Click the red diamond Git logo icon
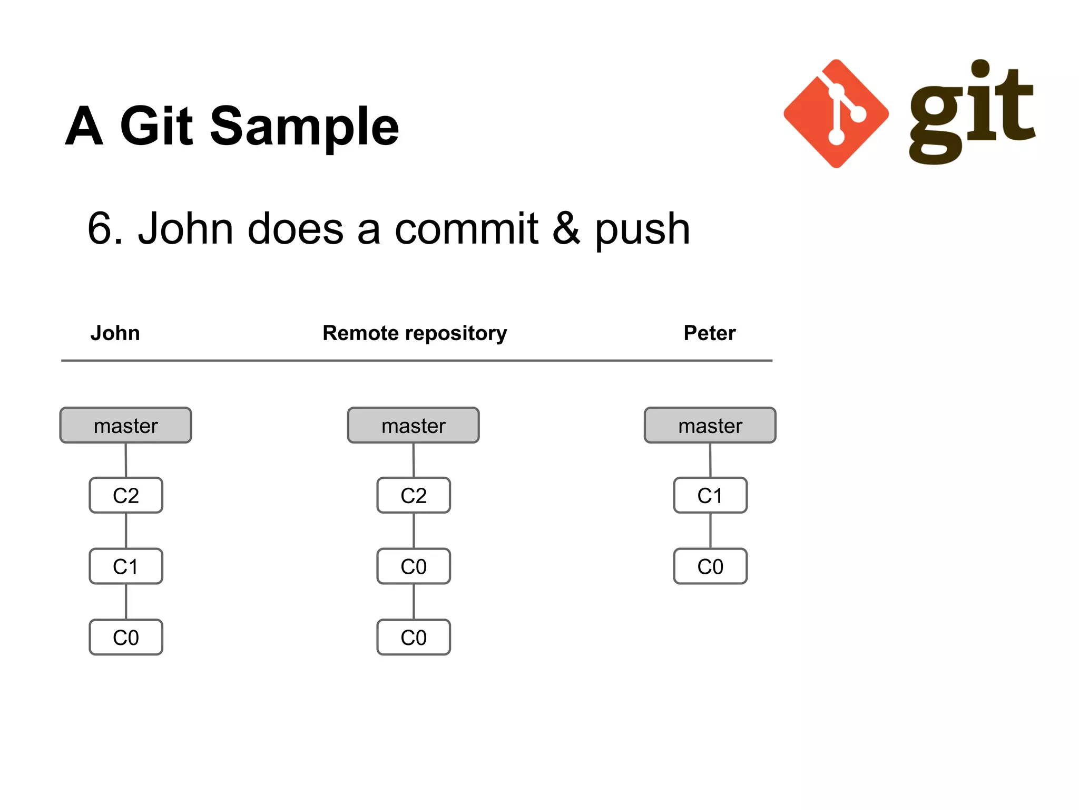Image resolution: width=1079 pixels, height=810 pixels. (836, 114)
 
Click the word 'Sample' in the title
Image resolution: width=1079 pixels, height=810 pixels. (305, 127)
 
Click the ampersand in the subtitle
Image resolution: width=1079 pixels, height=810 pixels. (566, 229)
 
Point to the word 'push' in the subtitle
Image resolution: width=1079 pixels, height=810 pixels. (642, 230)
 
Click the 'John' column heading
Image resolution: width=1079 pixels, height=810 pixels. (115, 333)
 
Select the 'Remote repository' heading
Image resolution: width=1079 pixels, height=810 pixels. (415, 333)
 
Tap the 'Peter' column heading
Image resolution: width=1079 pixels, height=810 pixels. (709, 333)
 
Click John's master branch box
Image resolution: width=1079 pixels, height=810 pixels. (126, 426)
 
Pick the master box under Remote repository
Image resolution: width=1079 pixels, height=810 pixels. (414, 426)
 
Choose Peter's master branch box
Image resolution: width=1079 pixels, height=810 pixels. (710, 426)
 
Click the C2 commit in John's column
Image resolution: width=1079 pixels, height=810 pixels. (126, 496)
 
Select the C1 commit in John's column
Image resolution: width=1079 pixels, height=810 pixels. (126, 567)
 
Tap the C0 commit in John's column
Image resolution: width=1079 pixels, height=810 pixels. (126, 638)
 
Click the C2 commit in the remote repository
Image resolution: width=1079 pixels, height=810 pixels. (414, 496)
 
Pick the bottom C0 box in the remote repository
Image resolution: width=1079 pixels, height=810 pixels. (414, 638)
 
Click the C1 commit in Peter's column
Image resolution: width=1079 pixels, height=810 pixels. (710, 496)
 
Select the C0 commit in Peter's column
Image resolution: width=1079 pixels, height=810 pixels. (710, 567)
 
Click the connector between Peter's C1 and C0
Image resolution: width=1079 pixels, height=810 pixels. (710, 531)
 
